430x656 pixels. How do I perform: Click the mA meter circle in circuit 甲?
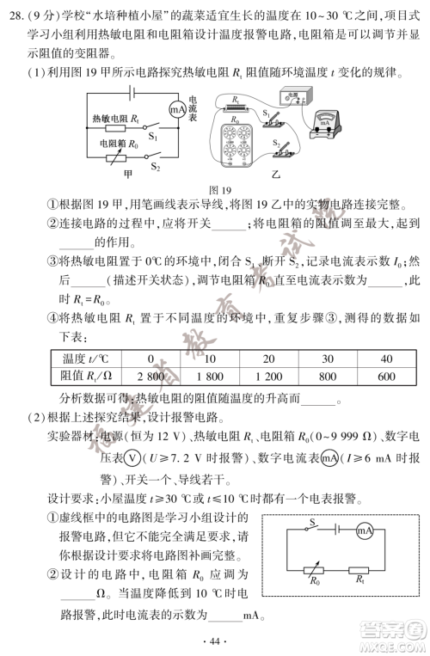tap(175, 109)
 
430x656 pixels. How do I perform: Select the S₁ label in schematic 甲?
tap(152, 135)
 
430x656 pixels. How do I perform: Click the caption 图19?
tap(221, 189)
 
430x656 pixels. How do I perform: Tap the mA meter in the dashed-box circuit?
tap(365, 531)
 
